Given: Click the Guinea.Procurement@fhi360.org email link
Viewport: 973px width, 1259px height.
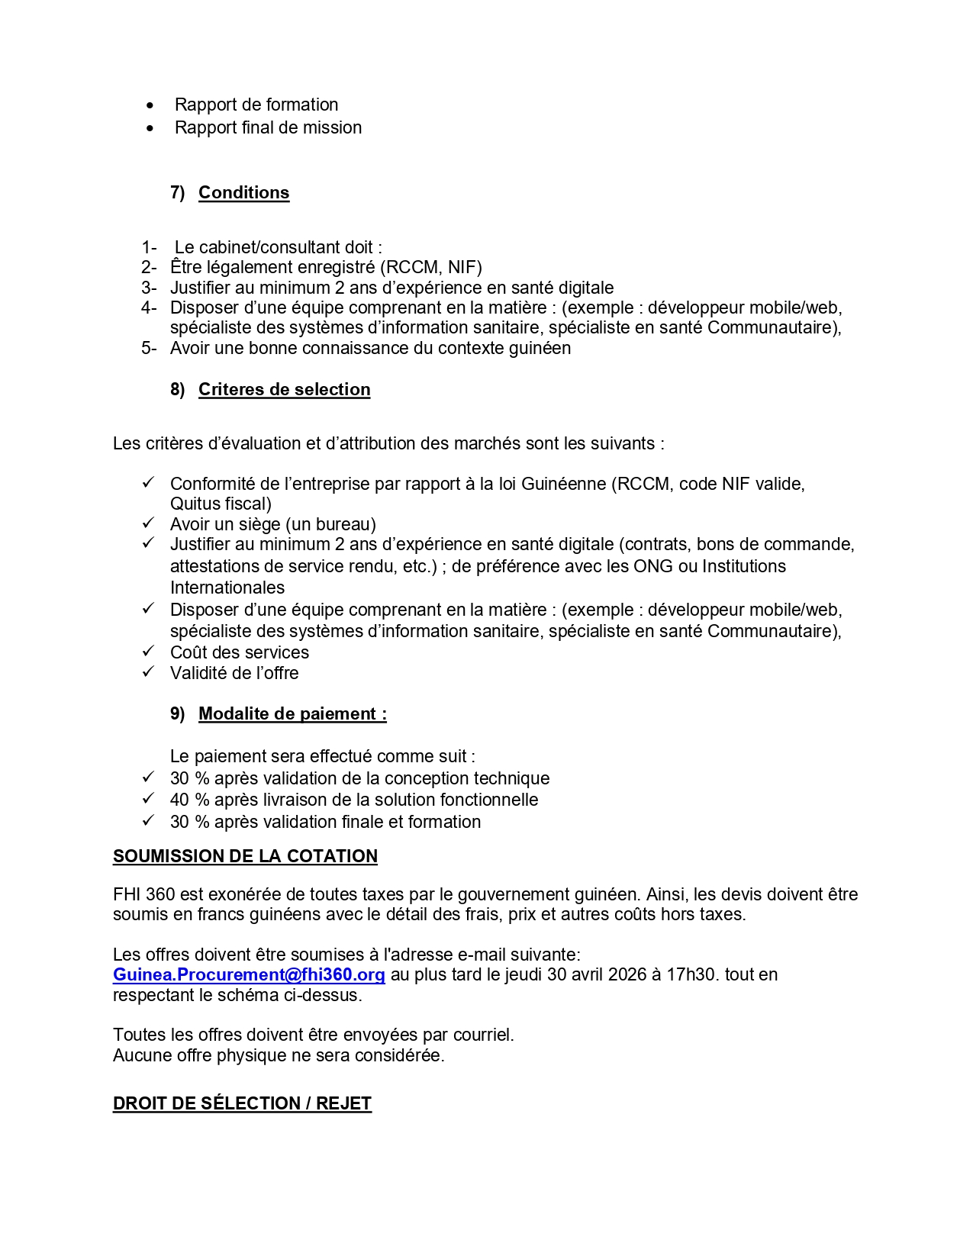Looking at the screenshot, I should point(249,975).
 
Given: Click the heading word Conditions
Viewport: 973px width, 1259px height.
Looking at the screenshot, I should point(243,192).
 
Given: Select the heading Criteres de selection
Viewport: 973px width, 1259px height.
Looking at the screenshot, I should point(284,389).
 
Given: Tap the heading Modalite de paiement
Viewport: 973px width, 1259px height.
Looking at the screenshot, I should point(292,714).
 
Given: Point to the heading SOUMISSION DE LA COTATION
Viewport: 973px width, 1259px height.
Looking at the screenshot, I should point(245,856).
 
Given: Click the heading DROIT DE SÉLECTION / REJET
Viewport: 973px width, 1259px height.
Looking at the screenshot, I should point(242,1103).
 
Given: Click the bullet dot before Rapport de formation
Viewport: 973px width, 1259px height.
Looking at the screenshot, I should point(150,105).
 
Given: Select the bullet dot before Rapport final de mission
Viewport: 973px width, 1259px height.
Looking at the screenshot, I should point(150,128).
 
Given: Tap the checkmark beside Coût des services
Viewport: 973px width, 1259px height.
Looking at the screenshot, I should point(148,652).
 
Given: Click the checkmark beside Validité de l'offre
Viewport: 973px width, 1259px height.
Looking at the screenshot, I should point(148,672).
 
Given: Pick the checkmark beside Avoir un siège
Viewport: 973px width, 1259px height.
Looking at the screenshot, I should point(148,523).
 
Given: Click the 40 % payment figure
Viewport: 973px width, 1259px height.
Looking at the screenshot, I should point(189,800).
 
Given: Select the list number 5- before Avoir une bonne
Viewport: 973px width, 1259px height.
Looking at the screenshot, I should point(149,349).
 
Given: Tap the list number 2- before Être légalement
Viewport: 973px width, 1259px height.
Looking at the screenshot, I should point(149,268).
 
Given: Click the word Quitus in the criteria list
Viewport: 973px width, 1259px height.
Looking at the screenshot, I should point(195,504).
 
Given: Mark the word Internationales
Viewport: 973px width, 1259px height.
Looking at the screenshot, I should point(227,588).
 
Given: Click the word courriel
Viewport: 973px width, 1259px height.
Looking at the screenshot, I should point(483,1035).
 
